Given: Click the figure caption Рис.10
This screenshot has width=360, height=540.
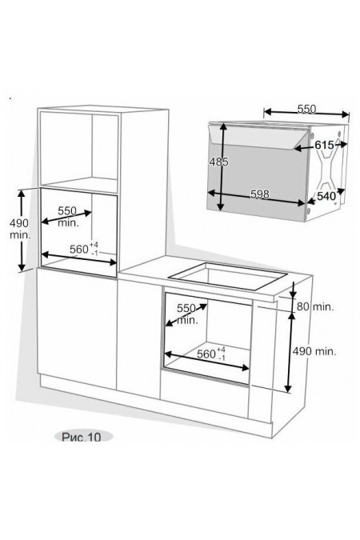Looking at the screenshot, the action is coord(82,437).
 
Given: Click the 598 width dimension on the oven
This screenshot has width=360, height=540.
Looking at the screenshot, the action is coord(260,194).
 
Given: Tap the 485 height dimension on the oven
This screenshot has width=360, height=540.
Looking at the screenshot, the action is coord(218,161).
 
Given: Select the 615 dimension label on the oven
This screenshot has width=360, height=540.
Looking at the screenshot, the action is coord(324,145).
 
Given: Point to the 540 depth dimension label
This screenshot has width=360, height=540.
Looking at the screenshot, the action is coord(326,196).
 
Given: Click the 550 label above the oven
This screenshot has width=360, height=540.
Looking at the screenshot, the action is coord(306,109).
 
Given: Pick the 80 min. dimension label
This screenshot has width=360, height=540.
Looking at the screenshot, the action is coord(315,306).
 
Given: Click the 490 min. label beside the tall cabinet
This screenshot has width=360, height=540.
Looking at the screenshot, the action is coord(20,229).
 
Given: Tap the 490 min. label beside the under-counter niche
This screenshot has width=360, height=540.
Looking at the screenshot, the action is coord(314,351).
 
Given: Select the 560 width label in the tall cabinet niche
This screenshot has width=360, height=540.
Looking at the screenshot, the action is coord(84,249).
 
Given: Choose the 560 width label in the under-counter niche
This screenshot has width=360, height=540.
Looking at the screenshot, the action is coord(211,354).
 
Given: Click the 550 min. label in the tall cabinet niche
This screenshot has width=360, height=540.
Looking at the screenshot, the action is coord(67,216).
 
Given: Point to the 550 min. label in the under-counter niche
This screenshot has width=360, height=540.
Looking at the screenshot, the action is coord(186,314).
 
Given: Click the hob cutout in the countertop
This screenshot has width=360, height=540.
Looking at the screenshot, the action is coord(228,276).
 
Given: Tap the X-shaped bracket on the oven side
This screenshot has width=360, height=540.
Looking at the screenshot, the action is coord(326,169).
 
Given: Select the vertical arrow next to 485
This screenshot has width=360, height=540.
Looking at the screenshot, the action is coord(222,166).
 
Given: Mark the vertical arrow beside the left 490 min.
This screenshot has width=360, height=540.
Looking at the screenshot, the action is coord(22,230).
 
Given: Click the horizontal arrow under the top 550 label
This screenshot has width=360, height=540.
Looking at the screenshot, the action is coord(306,114).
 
